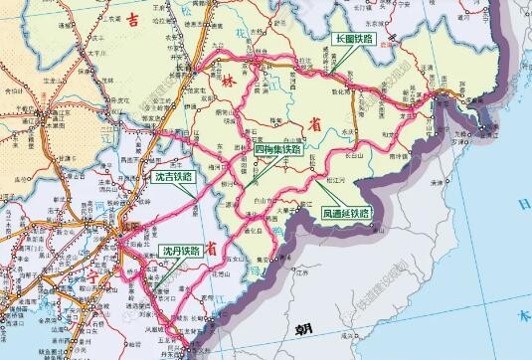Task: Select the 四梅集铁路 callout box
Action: coord(278,149)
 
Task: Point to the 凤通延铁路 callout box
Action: coord(346,213)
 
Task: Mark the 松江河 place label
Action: coord(336,181)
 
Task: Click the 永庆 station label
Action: coord(347,130)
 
